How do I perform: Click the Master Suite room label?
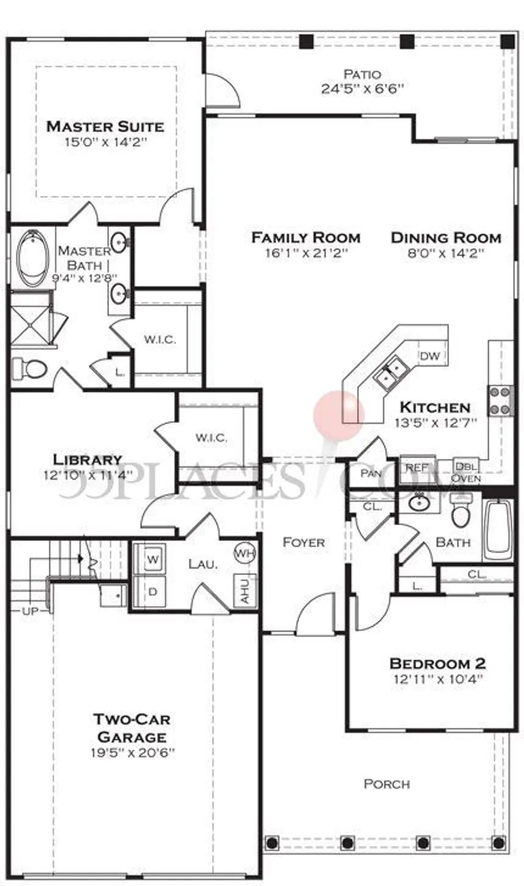point(105,127)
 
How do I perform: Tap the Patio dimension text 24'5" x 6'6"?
point(362,89)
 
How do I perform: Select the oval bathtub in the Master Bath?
point(34,258)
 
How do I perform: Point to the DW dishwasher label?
point(430,356)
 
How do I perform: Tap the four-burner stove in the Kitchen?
point(500,401)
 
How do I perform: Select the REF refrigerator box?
point(417,469)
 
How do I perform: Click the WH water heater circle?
point(245,553)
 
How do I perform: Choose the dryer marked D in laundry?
point(152,591)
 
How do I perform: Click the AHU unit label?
point(246,591)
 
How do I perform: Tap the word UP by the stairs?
point(30,612)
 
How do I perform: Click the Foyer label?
point(304,542)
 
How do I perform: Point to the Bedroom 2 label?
point(437,663)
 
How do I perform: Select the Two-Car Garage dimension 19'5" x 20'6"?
point(133,752)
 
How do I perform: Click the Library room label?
point(87,459)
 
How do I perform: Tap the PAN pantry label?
point(370,473)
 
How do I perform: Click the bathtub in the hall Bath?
point(497,528)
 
